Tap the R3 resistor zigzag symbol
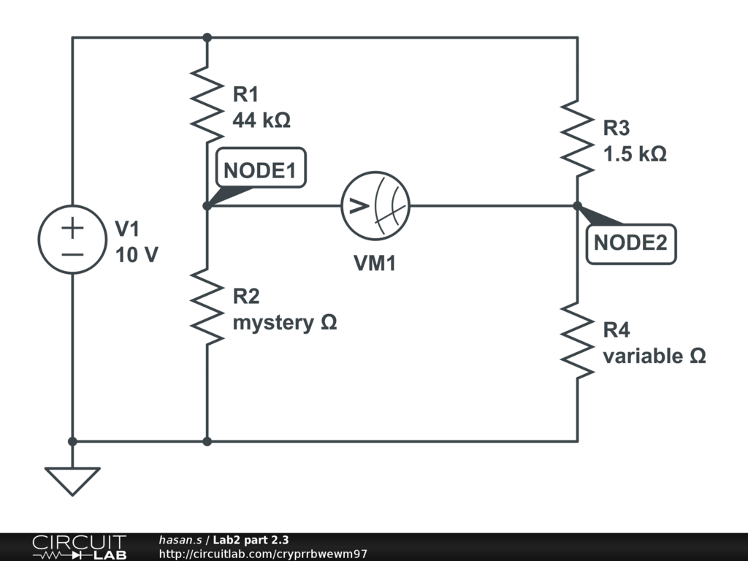(x=577, y=139)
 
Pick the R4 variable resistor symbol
(x=577, y=341)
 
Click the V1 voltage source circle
(x=72, y=240)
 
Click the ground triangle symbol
(x=72, y=480)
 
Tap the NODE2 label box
(x=630, y=244)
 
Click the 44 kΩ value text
(x=262, y=120)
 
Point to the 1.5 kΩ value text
(x=634, y=155)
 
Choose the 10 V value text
(x=137, y=256)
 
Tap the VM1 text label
(x=375, y=264)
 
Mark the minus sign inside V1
(x=72, y=254)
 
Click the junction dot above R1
(x=207, y=37)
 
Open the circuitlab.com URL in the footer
(x=263, y=554)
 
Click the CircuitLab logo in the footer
(x=78, y=547)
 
